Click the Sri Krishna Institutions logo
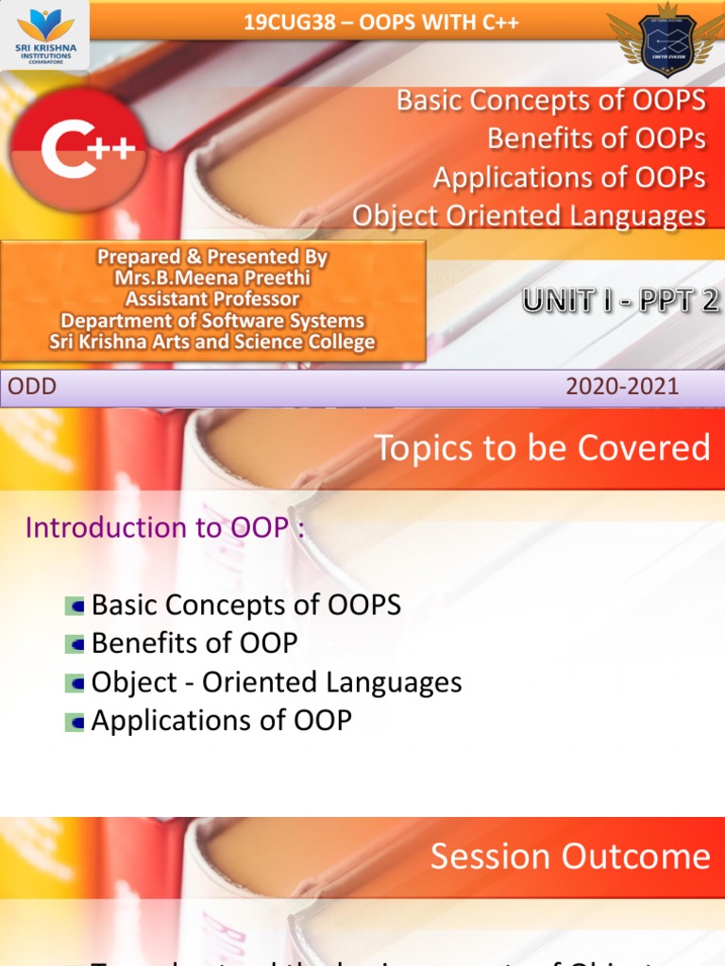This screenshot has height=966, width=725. pos(44,34)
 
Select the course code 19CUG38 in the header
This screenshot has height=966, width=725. pos(290,23)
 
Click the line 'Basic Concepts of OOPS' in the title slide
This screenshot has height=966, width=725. pos(550,100)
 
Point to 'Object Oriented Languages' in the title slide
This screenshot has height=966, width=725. pos(529,216)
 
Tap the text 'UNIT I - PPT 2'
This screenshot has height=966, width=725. pos(621,301)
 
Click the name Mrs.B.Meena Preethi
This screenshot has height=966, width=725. pos(212,278)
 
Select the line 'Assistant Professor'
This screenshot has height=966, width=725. pos(212,300)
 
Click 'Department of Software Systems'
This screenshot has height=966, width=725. pos(212,322)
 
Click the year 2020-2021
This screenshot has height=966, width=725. pos(622,386)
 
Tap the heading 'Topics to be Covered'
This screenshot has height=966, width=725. pos(542,448)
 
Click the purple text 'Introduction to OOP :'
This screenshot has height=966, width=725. pos(165,528)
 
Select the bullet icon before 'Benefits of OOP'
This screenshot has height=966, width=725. pos(75,645)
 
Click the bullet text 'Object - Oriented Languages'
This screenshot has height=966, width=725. pos(277,682)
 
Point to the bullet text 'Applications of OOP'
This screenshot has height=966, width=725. pos(221,721)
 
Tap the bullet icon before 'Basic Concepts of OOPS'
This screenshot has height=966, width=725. pos(75,607)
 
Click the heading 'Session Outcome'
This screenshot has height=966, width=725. pos(569,857)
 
